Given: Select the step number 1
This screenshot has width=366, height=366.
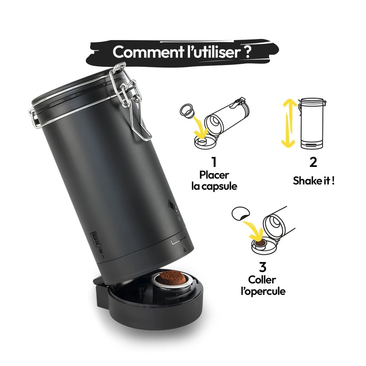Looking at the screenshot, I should point(214,162).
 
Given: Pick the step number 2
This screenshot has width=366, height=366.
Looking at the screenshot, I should point(313,162).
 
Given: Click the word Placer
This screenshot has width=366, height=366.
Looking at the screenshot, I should point(214,175).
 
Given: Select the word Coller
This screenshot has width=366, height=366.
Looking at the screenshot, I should point(263,280).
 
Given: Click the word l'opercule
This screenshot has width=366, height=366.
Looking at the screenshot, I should point(263,291).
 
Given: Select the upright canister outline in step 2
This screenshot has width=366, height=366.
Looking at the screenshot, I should point(312,123).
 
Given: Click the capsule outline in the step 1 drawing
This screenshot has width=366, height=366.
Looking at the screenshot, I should point(187,111).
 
